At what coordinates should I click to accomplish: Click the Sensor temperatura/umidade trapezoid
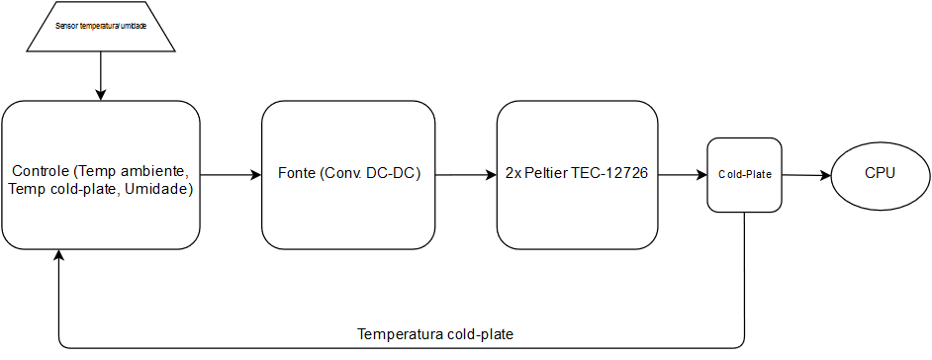(100, 26)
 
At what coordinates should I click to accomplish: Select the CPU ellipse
(880, 174)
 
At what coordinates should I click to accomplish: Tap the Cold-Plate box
(744, 175)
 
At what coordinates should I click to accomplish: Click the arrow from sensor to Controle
(100, 75)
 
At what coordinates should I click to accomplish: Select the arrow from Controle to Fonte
(231, 175)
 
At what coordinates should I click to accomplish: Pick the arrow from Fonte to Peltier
(466, 175)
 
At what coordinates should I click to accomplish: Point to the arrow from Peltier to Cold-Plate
(683, 175)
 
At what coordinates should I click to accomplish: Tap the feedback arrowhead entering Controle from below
(60, 255)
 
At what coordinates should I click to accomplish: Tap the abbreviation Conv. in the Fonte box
(347, 175)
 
